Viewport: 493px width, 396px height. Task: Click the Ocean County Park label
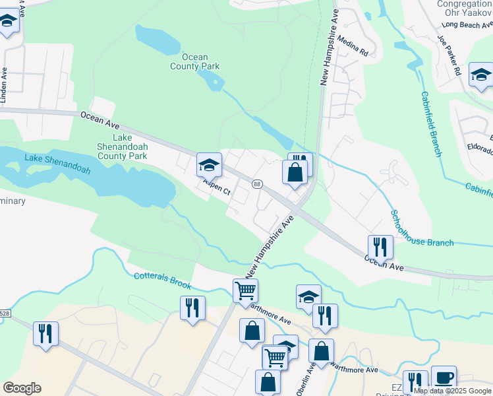click(194, 61)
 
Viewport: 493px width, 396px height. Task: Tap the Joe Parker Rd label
click(448, 55)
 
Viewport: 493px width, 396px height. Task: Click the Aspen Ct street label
click(216, 188)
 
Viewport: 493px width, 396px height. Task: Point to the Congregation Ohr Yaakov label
click(465, 9)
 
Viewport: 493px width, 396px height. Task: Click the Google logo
click(22, 388)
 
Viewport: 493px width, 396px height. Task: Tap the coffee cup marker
click(444, 377)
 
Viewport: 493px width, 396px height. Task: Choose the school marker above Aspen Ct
click(209, 164)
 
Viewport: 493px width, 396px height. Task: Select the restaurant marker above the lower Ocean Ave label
click(380, 247)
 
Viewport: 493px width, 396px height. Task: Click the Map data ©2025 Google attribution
click(453, 391)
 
